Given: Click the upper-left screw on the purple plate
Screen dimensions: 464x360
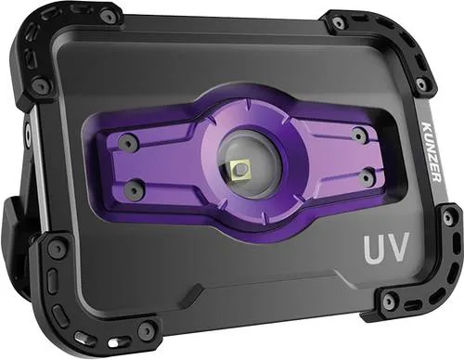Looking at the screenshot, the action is coord(126,142).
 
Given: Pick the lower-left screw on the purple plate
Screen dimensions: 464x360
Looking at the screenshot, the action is coord(133,188).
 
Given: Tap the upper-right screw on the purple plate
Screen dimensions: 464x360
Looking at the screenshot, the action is coord(358,135).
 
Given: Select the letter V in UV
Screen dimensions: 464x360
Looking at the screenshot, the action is coord(399,247).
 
